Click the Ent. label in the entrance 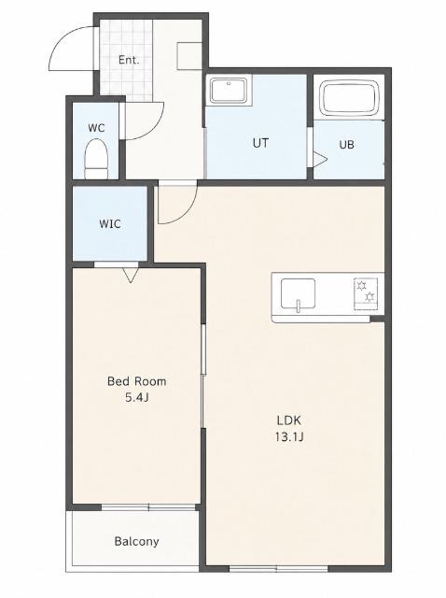129,60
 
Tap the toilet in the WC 96,159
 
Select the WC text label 96,128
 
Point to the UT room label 260,143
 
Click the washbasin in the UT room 229,90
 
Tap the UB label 346,145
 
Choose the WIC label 110,223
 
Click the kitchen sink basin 298,293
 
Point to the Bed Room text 137,381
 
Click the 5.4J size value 137,397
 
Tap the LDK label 289,420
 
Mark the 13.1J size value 289,436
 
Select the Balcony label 137,541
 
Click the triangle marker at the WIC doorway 131,276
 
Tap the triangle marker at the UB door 320,160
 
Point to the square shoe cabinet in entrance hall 189,56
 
